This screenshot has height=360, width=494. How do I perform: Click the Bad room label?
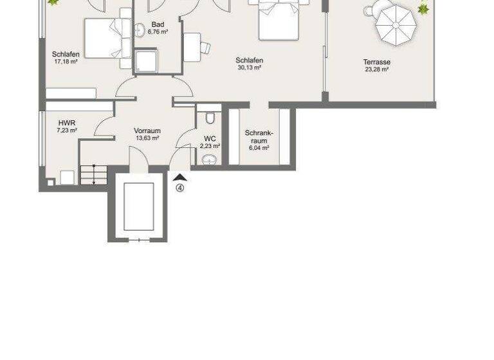pos(158,24)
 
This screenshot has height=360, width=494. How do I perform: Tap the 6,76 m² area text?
pos(158,32)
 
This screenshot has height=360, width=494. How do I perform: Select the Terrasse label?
pos(376,62)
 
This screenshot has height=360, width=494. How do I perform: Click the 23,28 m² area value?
pos(376,69)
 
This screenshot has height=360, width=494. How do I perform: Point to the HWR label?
pos(66,123)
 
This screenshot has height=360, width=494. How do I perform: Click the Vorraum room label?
pos(147,130)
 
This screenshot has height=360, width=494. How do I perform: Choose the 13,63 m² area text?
pos(147,138)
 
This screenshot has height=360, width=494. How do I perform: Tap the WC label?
pos(210,138)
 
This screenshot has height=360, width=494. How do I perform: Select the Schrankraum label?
pos(259,137)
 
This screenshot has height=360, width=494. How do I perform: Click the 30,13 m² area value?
pos(249,67)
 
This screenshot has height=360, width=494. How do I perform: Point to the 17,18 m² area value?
pos(66,62)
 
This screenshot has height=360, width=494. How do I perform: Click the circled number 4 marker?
pos(180,188)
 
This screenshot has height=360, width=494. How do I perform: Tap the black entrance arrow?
pos(180,177)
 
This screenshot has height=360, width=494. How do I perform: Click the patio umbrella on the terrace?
pos(396,21)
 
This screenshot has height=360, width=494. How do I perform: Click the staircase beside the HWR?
pos(93,175)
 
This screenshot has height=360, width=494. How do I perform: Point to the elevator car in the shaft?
pos(138,206)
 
